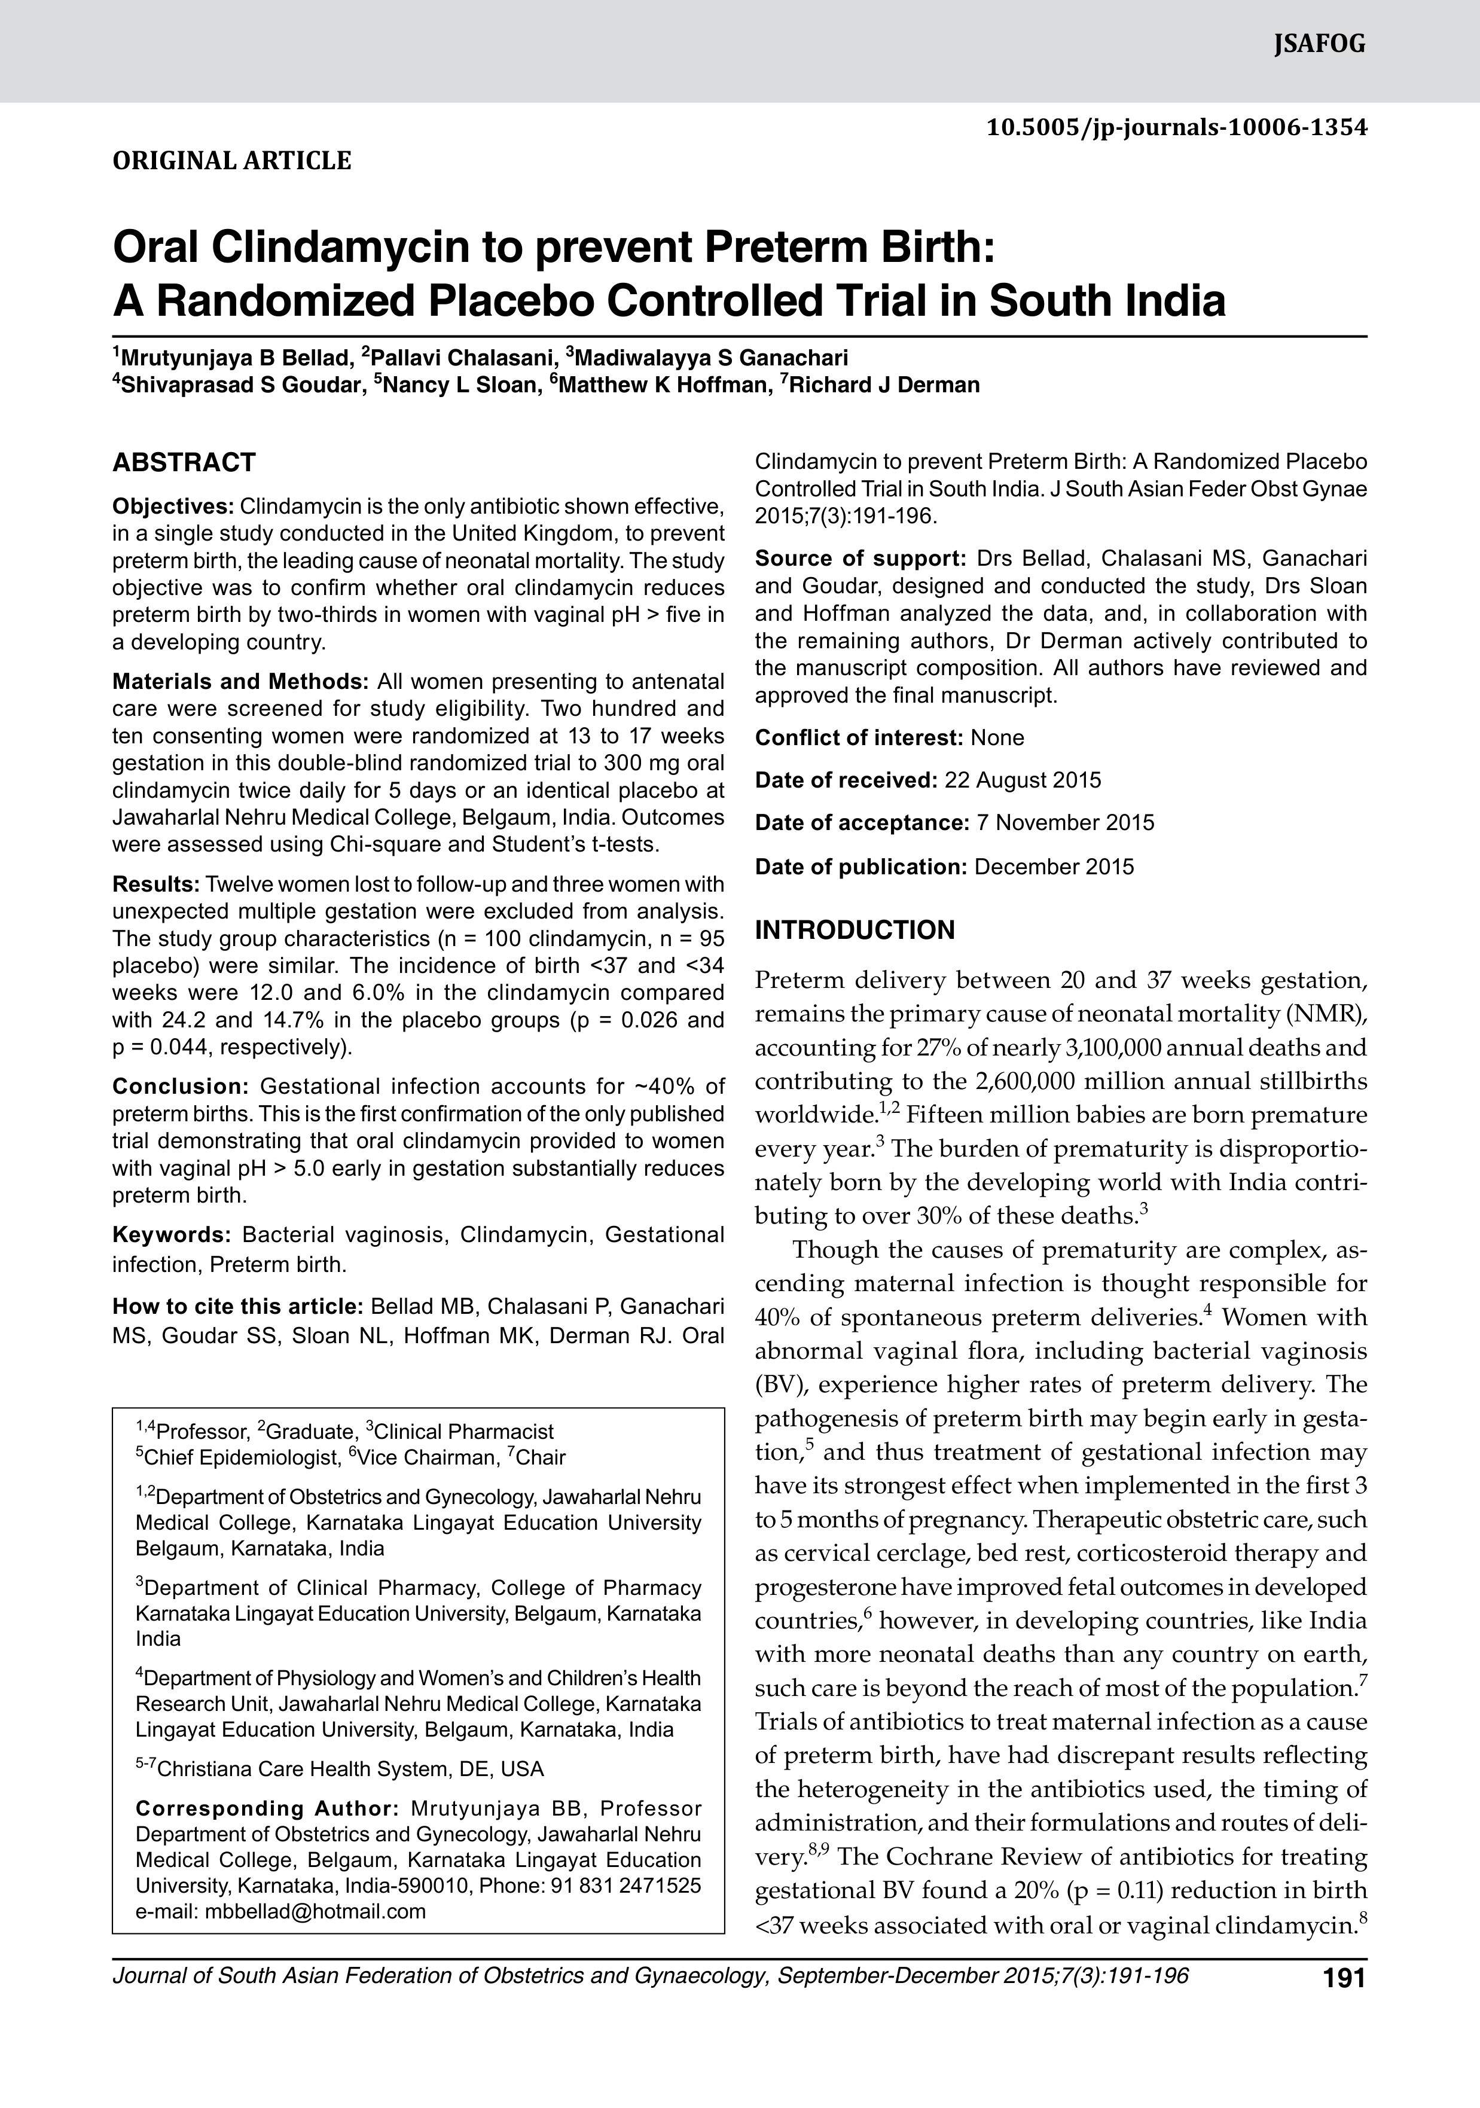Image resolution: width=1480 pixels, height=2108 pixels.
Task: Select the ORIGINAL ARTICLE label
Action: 231,161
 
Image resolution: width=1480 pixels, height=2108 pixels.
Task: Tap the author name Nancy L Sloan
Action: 459,385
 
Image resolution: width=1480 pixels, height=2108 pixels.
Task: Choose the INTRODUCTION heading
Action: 855,930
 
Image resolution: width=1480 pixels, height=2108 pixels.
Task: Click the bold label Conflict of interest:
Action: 859,737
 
